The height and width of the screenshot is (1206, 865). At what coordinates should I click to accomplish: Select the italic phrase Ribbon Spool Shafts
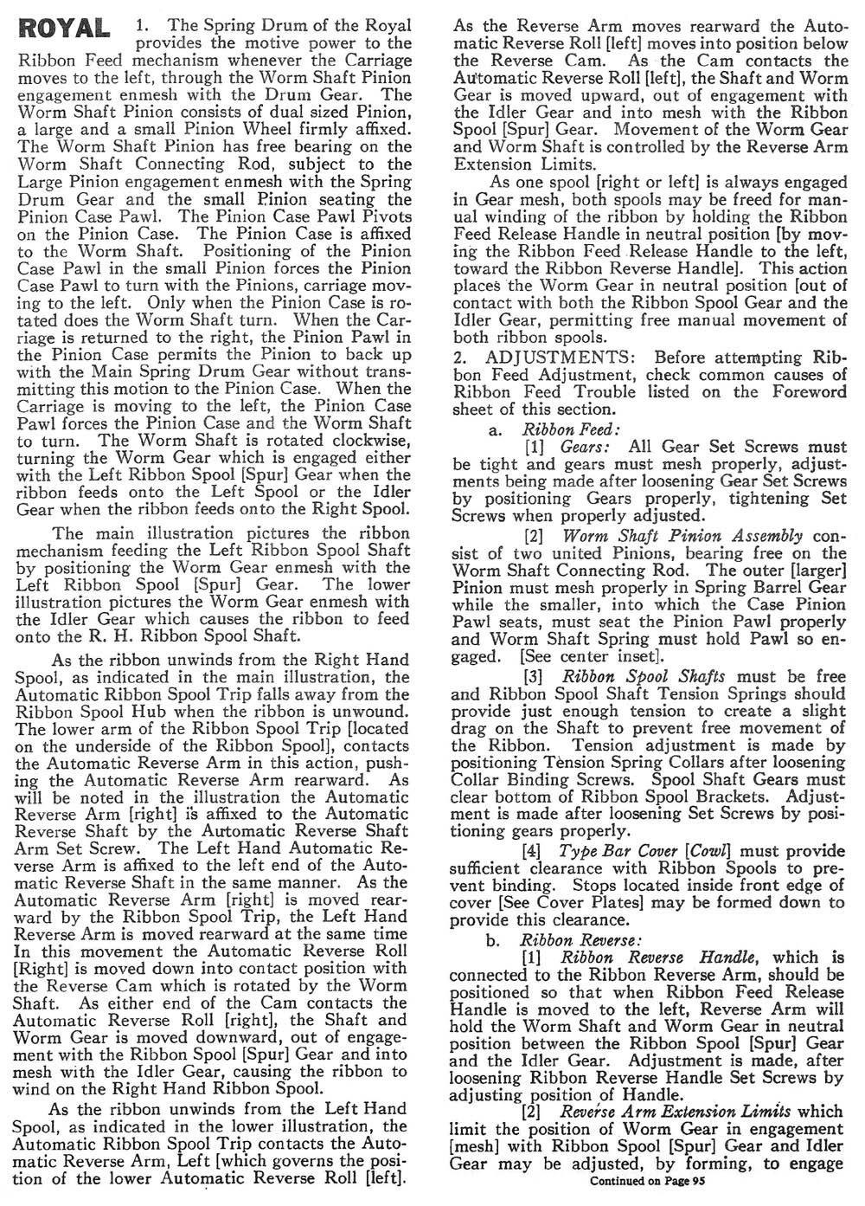pyautogui.click(x=644, y=676)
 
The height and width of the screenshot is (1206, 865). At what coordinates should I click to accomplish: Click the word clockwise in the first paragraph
pyautogui.click(x=348, y=440)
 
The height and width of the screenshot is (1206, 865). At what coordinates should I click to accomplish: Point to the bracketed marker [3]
pyautogui.click(x=535, y=676)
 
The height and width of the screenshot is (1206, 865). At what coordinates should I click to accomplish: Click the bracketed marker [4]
pyautogui.click(x=535, y=852)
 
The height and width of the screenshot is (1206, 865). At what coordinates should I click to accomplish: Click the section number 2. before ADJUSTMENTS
pyautogui.click(x=460, y=358)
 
